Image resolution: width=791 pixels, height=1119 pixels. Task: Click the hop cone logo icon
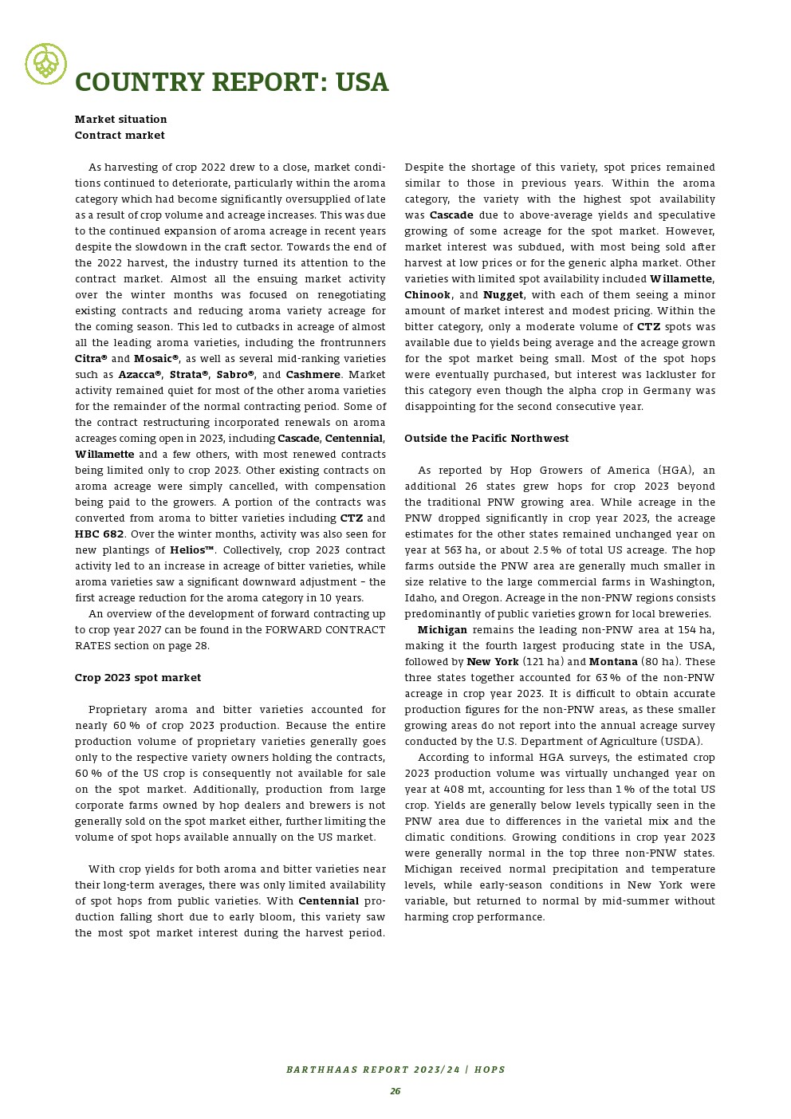[46, 64]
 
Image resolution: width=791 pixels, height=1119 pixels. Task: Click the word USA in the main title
[361, 82]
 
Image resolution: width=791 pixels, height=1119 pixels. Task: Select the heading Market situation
[120, 119]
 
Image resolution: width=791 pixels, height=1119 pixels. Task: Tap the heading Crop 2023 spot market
[138, 677]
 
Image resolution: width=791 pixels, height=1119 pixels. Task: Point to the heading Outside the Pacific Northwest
[486, 438]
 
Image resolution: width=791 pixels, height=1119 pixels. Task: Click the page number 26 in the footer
[395, 1091]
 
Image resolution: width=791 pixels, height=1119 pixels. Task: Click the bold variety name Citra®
[91, 358]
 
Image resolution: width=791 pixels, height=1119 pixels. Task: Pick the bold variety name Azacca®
[140, 374]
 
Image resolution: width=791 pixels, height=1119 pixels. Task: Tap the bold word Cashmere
[313, 374]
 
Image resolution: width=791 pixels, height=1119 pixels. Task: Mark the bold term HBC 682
[100, 534]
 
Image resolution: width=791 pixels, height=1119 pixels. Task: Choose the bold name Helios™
[192, 550]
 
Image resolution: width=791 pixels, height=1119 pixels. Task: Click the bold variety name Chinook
[427, 294]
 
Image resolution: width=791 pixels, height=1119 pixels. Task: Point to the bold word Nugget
[503, 294]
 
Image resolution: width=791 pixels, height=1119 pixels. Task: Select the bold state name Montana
[613, 661]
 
